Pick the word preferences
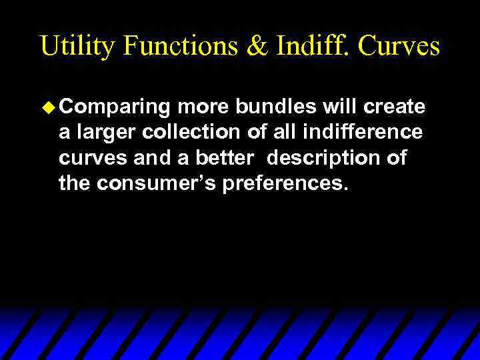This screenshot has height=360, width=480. (285, 183)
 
